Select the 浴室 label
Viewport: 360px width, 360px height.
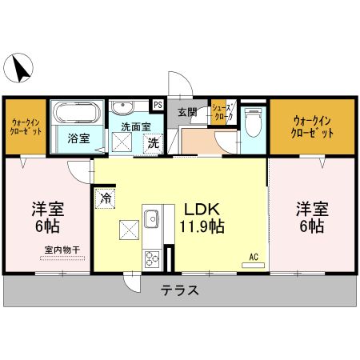(78, 138)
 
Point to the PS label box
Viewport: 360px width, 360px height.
(158, 104)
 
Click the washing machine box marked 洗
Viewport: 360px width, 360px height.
(152, 143)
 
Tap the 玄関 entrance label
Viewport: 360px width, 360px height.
(187, 112)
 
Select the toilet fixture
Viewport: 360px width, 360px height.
(254, 122)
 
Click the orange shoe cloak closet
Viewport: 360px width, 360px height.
(221, 113)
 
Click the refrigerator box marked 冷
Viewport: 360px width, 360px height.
(106, 195)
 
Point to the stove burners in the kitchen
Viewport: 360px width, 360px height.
(150, 258)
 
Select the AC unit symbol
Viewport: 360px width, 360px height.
(253, 262)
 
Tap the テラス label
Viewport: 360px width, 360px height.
(181, 291)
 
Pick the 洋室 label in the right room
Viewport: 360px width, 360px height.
(312, 210)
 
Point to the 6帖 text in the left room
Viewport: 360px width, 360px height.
(48, 227)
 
